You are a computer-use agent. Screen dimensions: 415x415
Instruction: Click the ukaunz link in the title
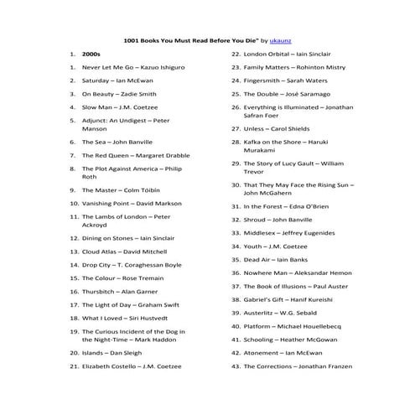coord(281,39)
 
